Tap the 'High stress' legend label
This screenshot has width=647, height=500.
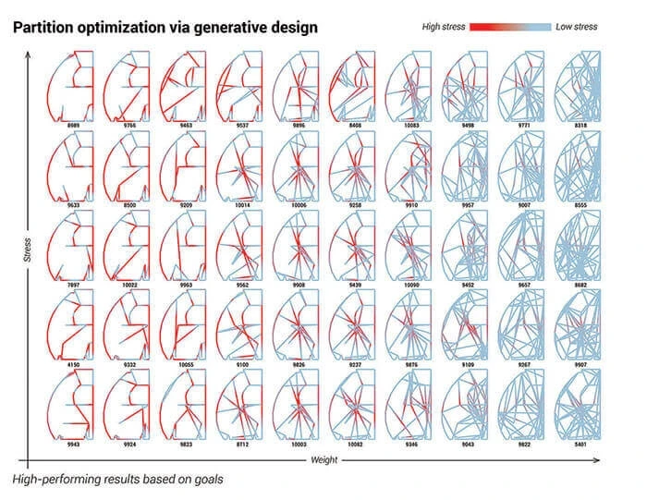tap(440, 28)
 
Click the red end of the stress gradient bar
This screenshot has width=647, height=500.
tap(477, 28)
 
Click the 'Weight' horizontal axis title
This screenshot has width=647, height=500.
tap(324, 458)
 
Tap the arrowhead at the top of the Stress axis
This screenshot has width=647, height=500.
tap(31, 54)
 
